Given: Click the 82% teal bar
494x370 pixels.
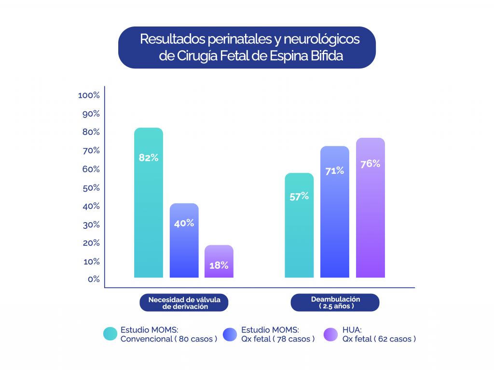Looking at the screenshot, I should point(149,202).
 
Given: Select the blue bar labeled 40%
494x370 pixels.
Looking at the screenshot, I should point(184,241).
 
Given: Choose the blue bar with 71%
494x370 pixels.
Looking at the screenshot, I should point(334,212).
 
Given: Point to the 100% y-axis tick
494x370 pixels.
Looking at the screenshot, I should point(89,95).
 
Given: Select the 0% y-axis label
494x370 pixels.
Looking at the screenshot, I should point(93,279).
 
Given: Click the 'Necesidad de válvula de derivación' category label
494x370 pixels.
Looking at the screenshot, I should point(184,303).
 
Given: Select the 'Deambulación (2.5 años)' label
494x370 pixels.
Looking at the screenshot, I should point(335,303).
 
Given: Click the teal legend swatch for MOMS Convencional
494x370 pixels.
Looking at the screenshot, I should point(110,334).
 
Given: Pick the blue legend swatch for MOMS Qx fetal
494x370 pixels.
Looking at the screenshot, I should point(230,334).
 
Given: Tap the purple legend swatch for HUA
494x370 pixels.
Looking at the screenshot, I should point(331,334).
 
